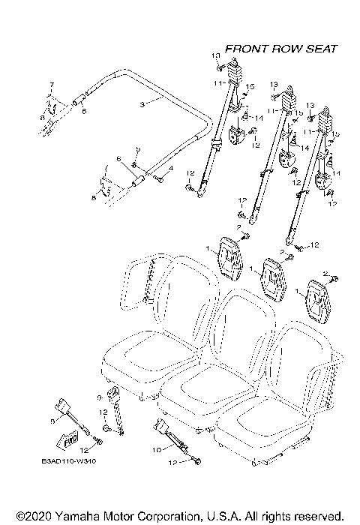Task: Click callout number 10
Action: pyautogui.click(x=157, y=450)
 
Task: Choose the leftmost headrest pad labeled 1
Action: pyautogui.click(x=229, y=255)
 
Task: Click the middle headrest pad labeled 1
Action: pyautogui.click(x=271, y=279)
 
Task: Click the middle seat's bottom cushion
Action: pyautogui.click(x=201, y=387)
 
